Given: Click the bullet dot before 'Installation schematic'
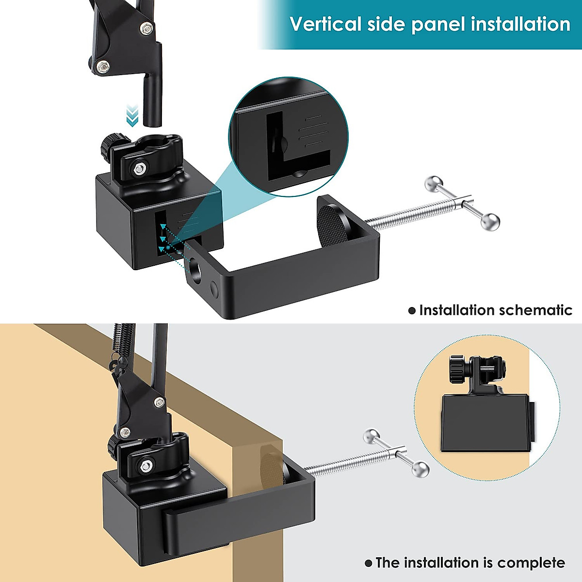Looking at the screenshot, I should (412, 310).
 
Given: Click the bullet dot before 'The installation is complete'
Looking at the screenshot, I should (369, 563).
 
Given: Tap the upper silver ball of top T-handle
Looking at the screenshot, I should (433, 183).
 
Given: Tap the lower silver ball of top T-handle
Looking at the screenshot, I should (490, 222).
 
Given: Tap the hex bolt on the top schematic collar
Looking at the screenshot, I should (140, 168).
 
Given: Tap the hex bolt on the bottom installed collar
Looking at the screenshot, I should (145, 467).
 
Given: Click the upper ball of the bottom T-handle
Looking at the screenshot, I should (372, 436).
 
